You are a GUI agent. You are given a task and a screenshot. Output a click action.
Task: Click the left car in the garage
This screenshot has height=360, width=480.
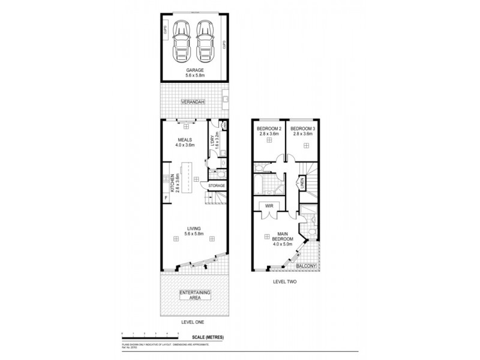pyautogui.click(x=181, y=41)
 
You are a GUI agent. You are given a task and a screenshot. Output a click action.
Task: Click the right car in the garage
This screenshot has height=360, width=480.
pyautogui.click(x=205, y=41)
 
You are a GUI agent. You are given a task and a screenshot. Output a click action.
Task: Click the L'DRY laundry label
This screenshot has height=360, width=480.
pyautogui.click(x=212, y=143)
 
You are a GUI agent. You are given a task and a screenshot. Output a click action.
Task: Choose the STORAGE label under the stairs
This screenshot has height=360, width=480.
pyautogui.click(x=217, y=186)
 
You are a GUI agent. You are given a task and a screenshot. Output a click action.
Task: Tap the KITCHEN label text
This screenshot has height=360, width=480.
pyautogui.click(x=172, y=181)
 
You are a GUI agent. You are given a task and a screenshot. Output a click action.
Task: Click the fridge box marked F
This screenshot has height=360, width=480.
pyautogui.click(x=166, y=197)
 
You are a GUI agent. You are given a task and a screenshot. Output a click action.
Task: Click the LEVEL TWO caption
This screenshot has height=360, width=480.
pyautogui.click(x=285, y=281)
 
